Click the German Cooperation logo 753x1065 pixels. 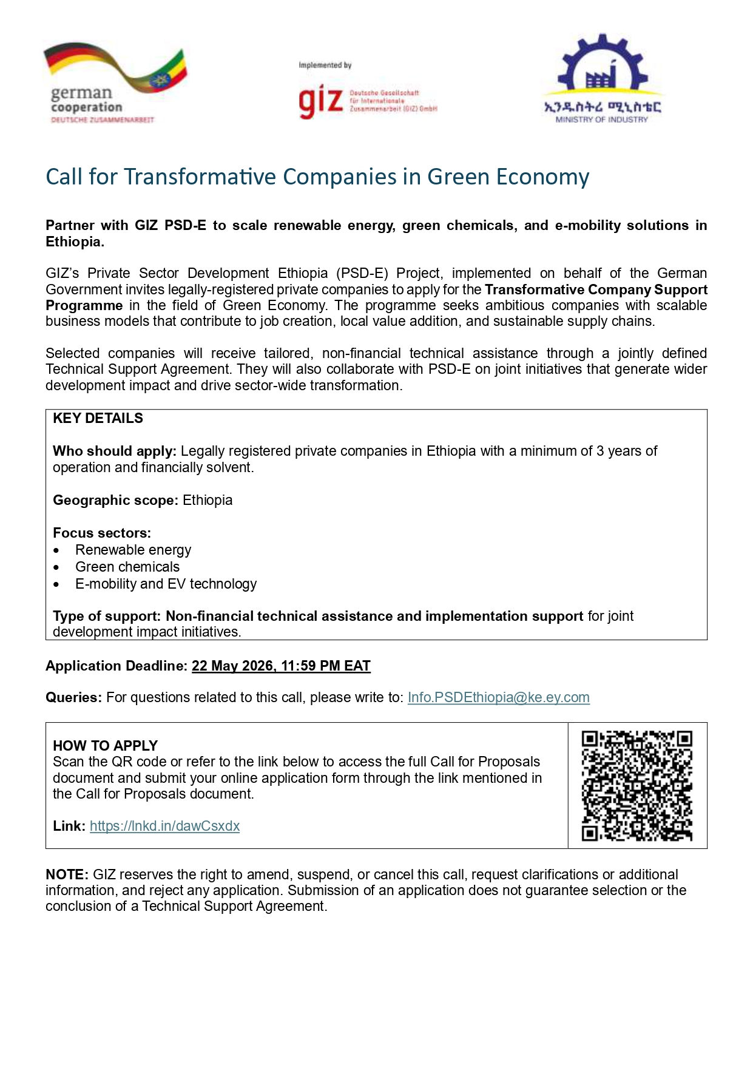(115, 83)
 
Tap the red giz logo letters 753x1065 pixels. (320, 101)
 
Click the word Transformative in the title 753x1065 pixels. (200, 177)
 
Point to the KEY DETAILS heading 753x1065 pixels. (98, 419)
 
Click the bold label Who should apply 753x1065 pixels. (114, 451)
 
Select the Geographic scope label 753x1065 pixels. (115, 501)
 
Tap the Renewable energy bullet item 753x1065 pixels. (133, 550)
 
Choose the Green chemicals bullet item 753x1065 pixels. (127, 567)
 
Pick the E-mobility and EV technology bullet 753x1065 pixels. (166, 584)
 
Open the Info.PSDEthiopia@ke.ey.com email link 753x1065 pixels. (498, 698)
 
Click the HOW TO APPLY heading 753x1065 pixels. (105, 746)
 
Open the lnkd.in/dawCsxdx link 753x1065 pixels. (164, 827)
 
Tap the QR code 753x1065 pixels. (637, 786)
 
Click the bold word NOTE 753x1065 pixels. (67, 875)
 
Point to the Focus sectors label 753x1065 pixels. (101, 533)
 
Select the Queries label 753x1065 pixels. (73, 698)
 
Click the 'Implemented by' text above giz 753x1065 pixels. (325, 66)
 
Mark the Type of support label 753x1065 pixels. (107, 617)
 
